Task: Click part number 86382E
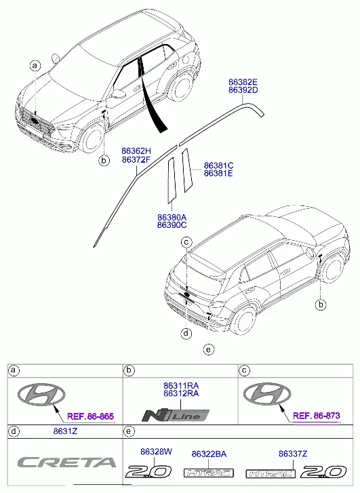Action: click(243, 82)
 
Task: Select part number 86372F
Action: click(136, 160)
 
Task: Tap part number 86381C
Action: click(219, 165)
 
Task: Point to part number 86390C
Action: click(172, 225)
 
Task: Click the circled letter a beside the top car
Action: click(35, 66)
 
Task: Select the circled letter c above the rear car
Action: click(186, 242)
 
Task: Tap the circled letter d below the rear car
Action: click(186, 333)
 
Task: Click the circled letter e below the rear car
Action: click(208, 349)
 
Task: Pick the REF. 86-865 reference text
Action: click(91, 416)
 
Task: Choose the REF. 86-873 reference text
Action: click(317, 416)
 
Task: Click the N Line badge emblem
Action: click(176, 415)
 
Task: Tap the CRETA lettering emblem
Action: click(66, 462)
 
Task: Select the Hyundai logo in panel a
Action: click(41, 394)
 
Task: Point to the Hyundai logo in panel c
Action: click(267, 393)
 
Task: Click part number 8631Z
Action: click(65, 431)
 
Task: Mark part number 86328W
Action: click(156, 452)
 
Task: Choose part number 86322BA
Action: click(209, 454)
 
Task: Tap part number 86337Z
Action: click(293, 454)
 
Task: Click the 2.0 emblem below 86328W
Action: click(148, 472)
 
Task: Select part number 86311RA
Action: click(181, 385)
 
